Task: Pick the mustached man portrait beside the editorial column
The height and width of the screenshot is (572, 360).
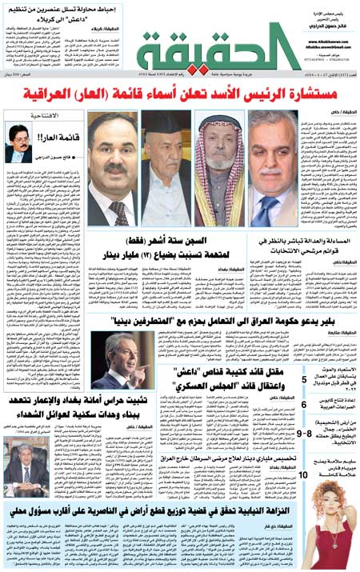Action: click(112, 168)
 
